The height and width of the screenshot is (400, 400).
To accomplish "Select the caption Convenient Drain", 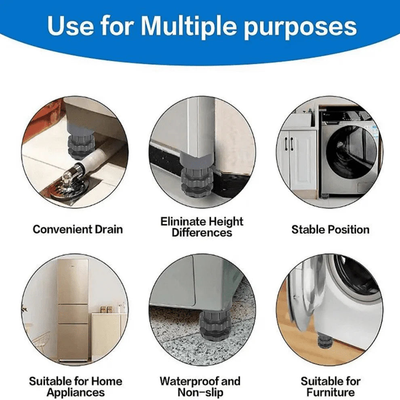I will click(x=78, y=229).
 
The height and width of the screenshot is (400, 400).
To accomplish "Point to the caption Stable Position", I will click(x=330, y=229).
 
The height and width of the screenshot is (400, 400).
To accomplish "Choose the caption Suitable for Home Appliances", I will click(x=75, y=386).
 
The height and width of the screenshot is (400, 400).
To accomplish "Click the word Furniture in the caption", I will click(x=330, y=392).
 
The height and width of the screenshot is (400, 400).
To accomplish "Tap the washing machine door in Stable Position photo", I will click(x=351, y=150).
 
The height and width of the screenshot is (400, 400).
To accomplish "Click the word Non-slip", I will click(x=200, y=392).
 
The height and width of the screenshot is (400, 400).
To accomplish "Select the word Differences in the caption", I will click(x=202, y=233).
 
